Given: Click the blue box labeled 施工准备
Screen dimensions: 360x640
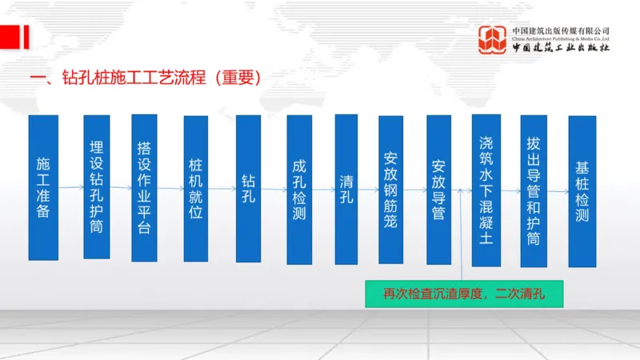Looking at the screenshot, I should (43, 187).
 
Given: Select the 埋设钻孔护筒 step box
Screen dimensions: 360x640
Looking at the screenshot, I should (96, 187).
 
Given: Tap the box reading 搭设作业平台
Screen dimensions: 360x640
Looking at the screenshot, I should (144, 188).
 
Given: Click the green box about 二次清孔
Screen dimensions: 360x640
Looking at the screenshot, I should (464, 294).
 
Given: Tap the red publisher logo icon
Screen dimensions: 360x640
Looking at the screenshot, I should (492, 39).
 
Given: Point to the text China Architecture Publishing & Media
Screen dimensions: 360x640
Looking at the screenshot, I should (561, 38).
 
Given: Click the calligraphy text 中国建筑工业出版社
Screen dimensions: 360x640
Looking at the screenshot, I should (561, 48).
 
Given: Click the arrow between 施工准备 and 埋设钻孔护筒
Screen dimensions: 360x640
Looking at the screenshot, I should (70, 188).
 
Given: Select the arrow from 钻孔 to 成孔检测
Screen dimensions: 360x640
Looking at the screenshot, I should (274, 189).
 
